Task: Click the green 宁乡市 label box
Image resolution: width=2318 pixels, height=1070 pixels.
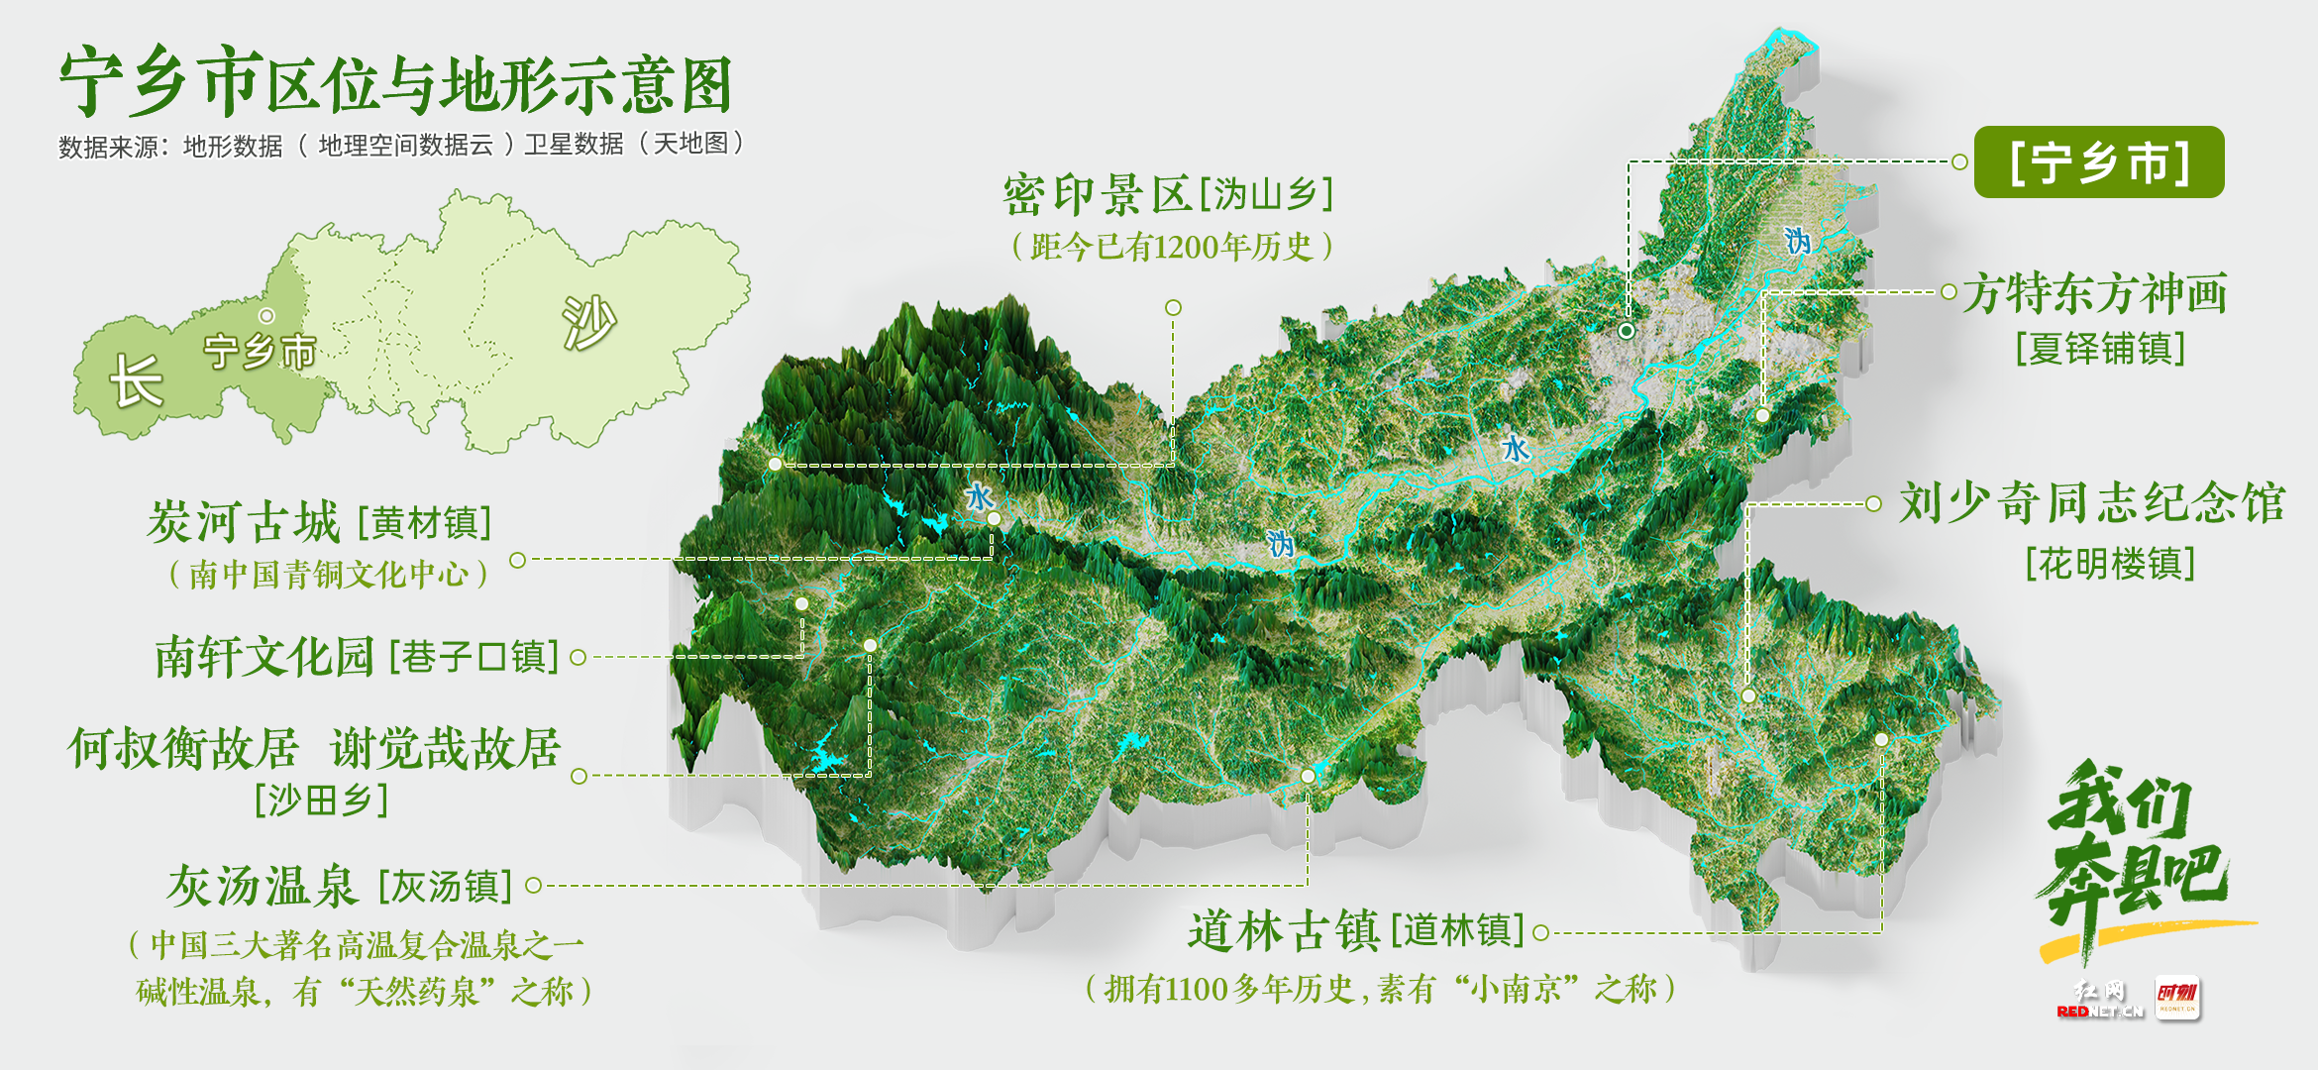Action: [x=2098, y=162]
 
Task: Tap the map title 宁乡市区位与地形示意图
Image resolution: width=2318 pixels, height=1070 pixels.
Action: [x=396, y=83]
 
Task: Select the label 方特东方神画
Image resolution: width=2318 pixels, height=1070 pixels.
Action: [x=2095, y=293]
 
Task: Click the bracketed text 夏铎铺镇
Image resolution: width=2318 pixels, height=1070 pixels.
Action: [x=2100, y=349]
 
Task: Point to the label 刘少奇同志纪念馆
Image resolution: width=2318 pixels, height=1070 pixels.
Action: [x=2091, y=503]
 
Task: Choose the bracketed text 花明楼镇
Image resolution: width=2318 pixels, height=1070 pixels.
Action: [x=2110, y=565]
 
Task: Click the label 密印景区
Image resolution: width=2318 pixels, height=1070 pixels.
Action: [x=1097, y=195]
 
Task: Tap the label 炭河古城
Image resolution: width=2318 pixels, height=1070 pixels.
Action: [x=244, y=522]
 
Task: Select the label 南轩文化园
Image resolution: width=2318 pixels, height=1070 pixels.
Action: [x=264, y=657]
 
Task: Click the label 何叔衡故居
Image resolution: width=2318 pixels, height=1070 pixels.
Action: [x=183, y=748]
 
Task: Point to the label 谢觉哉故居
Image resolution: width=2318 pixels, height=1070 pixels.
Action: [x=446, y=748]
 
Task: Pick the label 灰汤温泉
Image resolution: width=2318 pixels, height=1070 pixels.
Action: [x=262, y=886]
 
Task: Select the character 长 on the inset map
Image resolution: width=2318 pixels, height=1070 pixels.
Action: [x=136, y=380]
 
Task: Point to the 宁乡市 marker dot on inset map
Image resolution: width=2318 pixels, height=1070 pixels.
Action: [x=266, y=316]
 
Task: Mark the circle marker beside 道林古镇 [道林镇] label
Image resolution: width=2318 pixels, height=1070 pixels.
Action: [x=1540, y=933]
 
